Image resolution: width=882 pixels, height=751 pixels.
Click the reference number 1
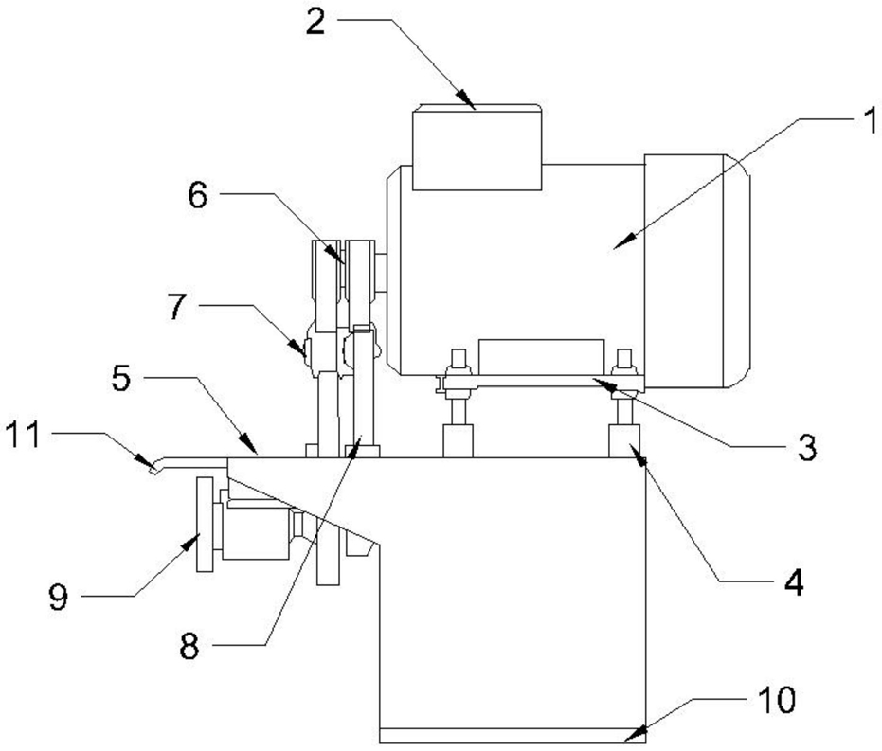871,120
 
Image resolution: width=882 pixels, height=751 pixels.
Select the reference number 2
315,23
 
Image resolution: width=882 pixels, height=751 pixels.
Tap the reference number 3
807,448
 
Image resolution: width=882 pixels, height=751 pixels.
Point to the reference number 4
794,583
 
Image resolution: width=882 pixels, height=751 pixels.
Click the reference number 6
197,196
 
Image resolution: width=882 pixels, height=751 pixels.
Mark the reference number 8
189,647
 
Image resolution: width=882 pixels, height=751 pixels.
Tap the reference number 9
58,597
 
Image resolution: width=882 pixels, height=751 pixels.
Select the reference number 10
777,700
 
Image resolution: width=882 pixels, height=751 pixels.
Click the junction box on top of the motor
477,148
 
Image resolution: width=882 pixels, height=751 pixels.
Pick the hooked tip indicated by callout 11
154,469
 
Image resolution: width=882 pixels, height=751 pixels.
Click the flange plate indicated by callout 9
205,525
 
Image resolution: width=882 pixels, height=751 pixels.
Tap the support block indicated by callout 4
625,441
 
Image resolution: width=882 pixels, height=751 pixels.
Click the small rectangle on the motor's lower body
541,358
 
